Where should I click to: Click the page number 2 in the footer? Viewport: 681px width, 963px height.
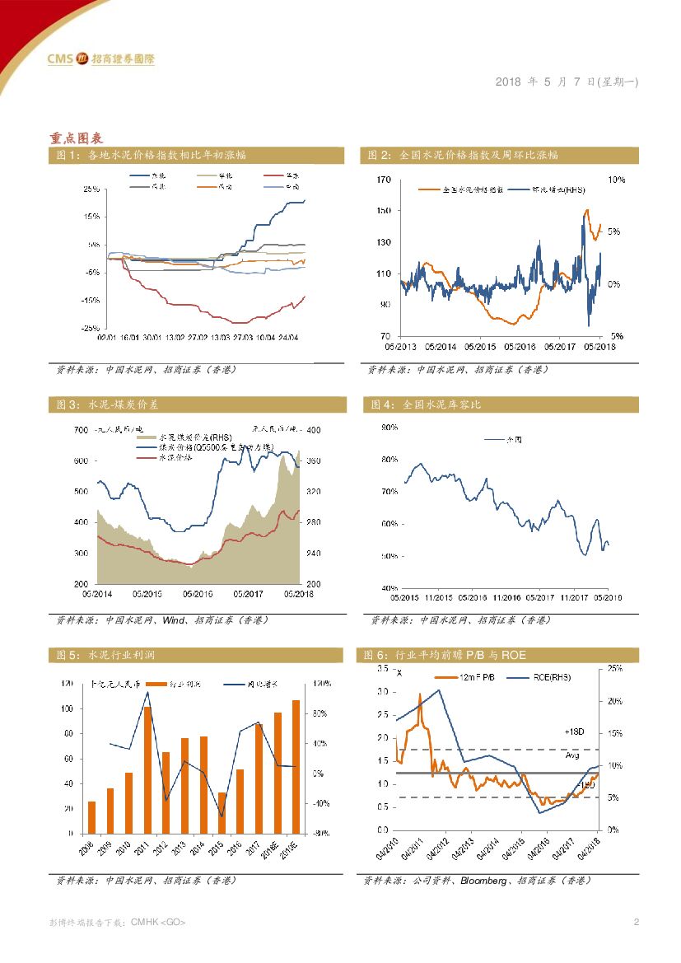[x=637, y=922]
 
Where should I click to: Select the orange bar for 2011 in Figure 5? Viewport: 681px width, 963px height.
[x=147, y=769]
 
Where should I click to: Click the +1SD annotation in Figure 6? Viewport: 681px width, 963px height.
[x=574, y=732]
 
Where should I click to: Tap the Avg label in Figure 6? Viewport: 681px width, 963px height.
[x=573, y=755]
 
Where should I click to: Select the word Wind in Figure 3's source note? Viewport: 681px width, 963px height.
[x=174, y=619]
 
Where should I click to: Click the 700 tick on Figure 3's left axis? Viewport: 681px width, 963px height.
[x=80, y=430]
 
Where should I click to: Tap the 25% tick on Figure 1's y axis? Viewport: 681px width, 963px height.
[x=91, y=189]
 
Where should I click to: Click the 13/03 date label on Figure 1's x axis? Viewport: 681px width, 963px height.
[x=220, y=336]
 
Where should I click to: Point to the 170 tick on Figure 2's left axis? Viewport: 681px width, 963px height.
[x=383, y=180]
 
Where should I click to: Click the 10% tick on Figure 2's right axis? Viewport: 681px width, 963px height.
[x=616, y=179]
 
